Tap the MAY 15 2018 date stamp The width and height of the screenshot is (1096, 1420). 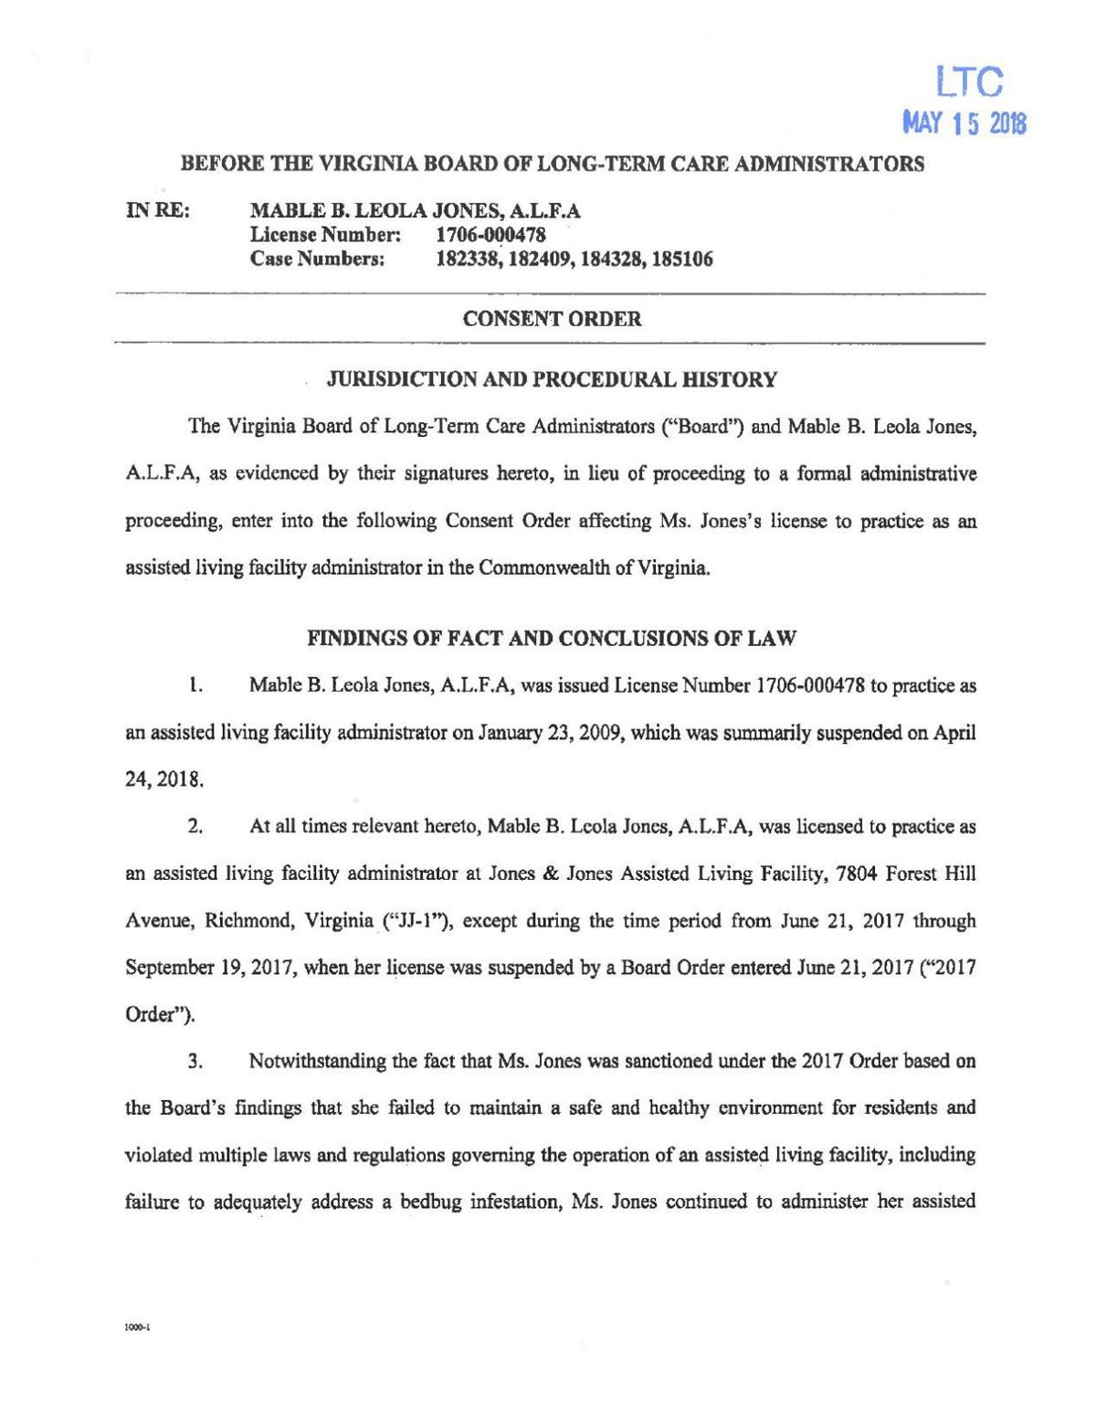[x=964, y=123]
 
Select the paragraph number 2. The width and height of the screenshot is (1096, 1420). [x=194, y=828]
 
